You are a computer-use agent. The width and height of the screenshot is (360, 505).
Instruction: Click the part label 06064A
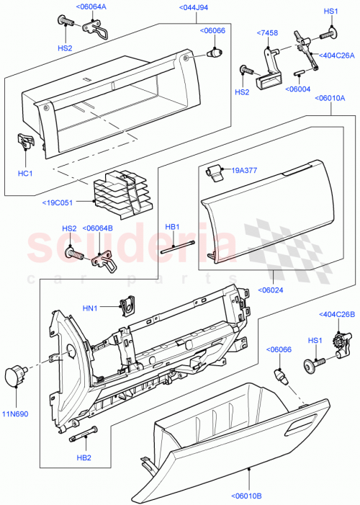click(91, 6)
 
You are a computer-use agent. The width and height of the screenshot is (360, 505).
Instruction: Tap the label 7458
click(268, 33)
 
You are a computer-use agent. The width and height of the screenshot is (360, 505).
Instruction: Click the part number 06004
click(298, 89)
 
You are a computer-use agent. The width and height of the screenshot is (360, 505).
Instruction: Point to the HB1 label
click(171, 227)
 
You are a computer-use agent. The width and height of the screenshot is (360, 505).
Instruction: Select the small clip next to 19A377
click(213, 171)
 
